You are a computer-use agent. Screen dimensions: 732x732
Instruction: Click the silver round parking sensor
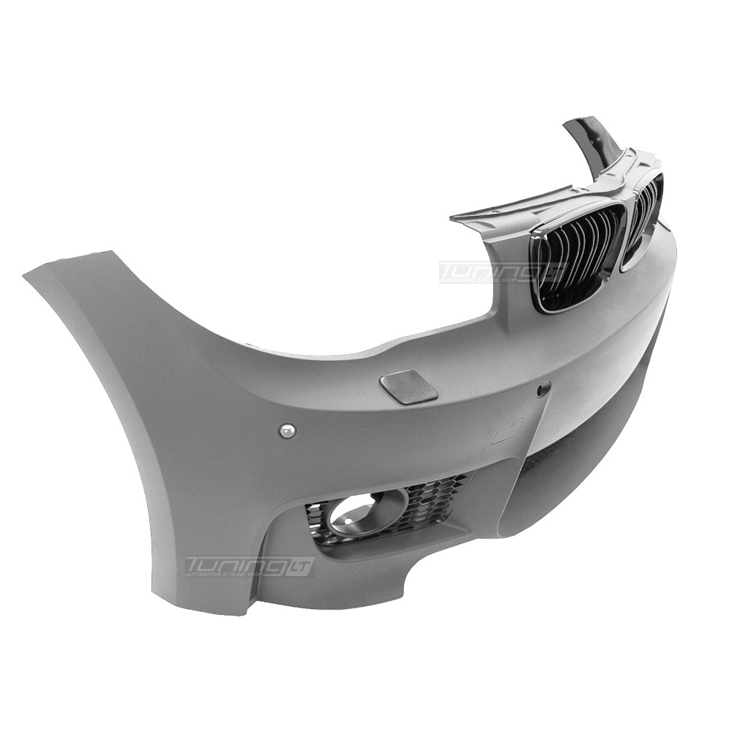[286, 430]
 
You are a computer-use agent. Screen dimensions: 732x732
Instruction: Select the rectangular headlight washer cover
[408, 386]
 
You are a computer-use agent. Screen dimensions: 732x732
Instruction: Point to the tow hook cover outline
[507, 430]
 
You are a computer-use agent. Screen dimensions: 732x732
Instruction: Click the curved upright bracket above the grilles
[589, 143]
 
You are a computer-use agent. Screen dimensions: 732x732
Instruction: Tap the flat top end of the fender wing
[70, 263]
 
